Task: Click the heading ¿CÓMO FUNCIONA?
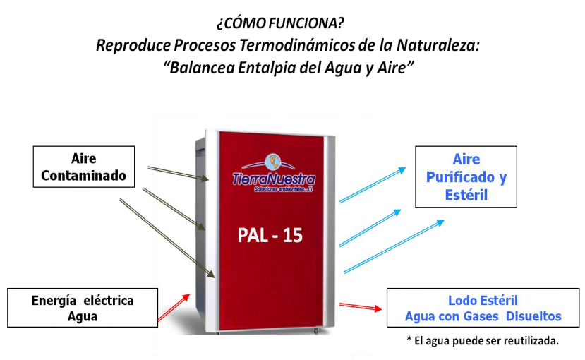280,23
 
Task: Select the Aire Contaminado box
84,167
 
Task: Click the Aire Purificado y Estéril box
466,177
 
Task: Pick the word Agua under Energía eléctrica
83,316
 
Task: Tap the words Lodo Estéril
483,300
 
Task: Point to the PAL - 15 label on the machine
270,235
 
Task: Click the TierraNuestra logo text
274,179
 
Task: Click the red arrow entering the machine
174,307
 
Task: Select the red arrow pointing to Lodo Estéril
361,307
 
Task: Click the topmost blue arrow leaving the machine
373,185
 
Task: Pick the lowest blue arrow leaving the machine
394,246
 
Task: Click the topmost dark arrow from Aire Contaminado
179,174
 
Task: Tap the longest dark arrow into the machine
167,239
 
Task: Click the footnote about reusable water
483,340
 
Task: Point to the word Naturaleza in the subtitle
438,45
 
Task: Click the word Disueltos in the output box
533,316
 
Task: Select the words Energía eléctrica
83,301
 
